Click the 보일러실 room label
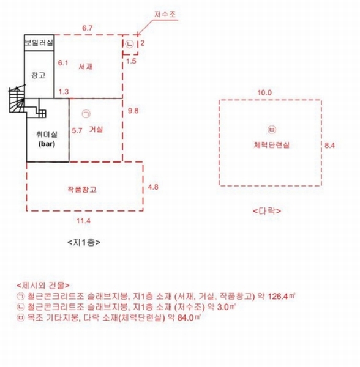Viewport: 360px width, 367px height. [39, 43]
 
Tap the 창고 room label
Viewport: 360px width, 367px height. [39, 75]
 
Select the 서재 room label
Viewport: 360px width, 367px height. [86, 67]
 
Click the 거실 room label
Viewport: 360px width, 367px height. [96, 129]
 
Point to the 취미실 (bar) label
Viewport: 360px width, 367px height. [47, 139]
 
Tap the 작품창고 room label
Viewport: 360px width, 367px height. [82, 189]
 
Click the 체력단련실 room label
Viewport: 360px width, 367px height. [272, 145]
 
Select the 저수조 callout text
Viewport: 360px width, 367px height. [165, 14]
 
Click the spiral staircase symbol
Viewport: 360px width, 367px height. [17, 100]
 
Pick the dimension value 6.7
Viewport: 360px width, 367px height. [88, 28]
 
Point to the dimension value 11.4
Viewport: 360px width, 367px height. [83, 221]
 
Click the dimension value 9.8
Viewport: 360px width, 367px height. [133, 111]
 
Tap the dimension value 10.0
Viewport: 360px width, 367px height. [264, 92]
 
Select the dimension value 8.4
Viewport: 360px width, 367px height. [329, 146]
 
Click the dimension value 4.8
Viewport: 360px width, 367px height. [153, 187]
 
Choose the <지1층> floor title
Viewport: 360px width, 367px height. [84, 242]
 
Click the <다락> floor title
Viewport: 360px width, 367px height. [267, 211]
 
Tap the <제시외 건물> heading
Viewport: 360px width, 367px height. [43, 285]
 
